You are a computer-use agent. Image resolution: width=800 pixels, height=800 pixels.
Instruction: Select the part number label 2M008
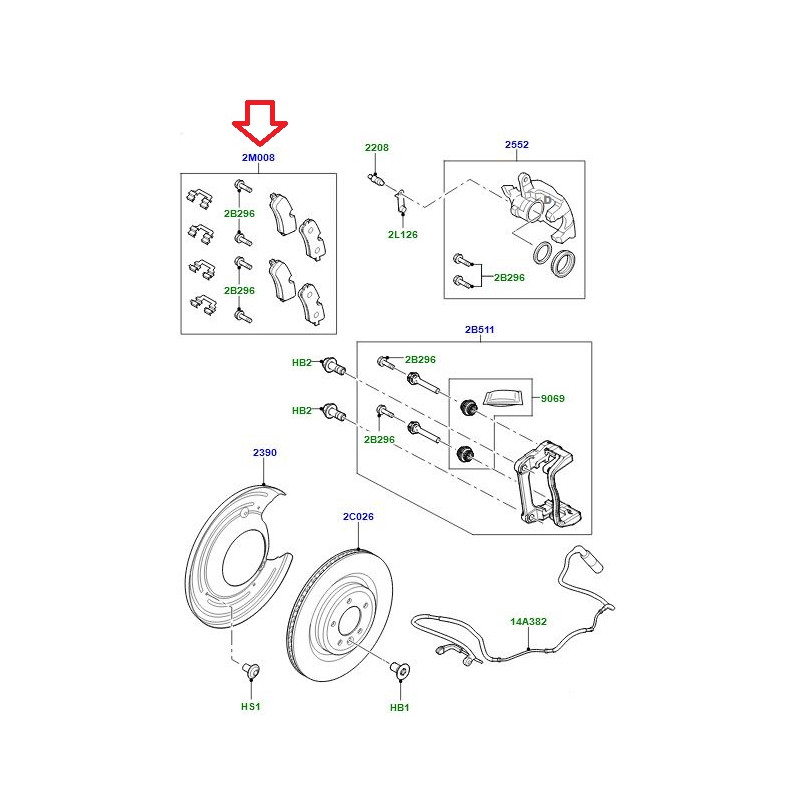[258, 158]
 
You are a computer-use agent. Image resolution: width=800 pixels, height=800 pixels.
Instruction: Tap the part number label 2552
[516, 146]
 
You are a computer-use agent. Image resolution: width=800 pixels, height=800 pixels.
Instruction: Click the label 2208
[377, 147]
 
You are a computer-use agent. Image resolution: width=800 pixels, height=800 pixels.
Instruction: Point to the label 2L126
[403, 235]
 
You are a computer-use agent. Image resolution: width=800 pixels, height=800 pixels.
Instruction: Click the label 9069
[553, 399]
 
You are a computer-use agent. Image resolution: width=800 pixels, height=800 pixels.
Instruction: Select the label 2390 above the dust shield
[264, 453]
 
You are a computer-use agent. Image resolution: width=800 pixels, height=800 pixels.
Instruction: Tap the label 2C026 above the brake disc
[358, 517]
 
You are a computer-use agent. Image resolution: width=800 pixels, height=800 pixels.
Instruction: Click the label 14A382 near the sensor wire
[529, 621]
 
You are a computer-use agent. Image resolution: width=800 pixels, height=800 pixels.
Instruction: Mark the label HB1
[399, 706]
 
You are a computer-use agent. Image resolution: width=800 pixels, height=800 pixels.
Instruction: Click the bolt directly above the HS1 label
[250, 668]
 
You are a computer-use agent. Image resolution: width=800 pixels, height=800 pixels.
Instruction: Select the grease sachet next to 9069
[502, 397]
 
